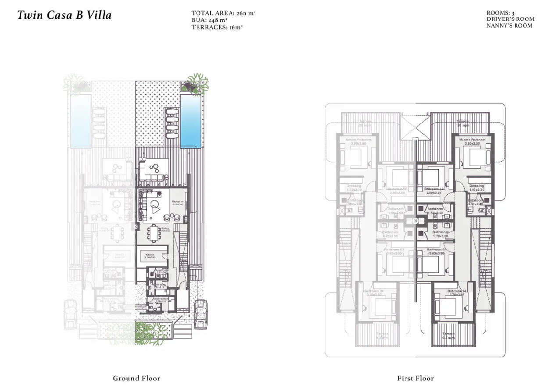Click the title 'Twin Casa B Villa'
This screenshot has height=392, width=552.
tap(65, 15)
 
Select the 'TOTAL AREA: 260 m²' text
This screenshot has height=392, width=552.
tap(223, 13)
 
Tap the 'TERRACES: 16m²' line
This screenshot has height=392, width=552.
tap(217, 27)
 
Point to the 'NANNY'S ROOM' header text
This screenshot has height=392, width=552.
tap(509, 25)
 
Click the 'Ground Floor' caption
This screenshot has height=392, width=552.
tap(136, 378)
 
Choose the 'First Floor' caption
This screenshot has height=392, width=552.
tap(415, 378)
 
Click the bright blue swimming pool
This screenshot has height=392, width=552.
tap(190, 121)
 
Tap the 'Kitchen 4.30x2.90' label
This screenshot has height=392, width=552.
tap(150, 256)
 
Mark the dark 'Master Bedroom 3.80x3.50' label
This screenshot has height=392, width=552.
tap(472, 141)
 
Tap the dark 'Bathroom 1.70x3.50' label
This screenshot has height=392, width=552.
tap(440, 234)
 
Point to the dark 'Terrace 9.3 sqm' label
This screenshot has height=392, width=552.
tap(448, 335)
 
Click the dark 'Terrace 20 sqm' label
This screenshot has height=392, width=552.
tap(462, 123)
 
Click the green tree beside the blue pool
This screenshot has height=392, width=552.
tap(196, 83)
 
